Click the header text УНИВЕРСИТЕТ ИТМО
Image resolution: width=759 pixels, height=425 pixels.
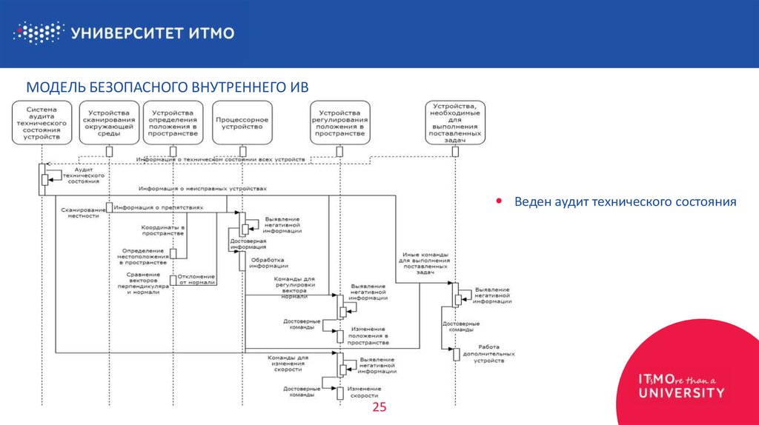(153, 33)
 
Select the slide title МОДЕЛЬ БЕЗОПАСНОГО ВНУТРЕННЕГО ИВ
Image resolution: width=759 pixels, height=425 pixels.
(167, 87)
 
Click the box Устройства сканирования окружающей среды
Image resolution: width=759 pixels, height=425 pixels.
(109, 121)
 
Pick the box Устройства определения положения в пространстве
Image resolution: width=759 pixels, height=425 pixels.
(173, 121)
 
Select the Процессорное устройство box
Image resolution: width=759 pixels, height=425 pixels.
(241, 121)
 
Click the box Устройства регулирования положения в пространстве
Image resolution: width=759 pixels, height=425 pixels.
(339, 121)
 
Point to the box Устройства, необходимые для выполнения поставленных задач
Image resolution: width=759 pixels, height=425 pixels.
(454, 122)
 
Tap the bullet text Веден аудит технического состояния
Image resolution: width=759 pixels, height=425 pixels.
(626, 201)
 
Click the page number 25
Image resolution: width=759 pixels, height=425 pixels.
(379, 409)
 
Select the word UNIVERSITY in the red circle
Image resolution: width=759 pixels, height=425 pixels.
(681, 392)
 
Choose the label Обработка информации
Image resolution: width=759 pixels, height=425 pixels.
(269, 264)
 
